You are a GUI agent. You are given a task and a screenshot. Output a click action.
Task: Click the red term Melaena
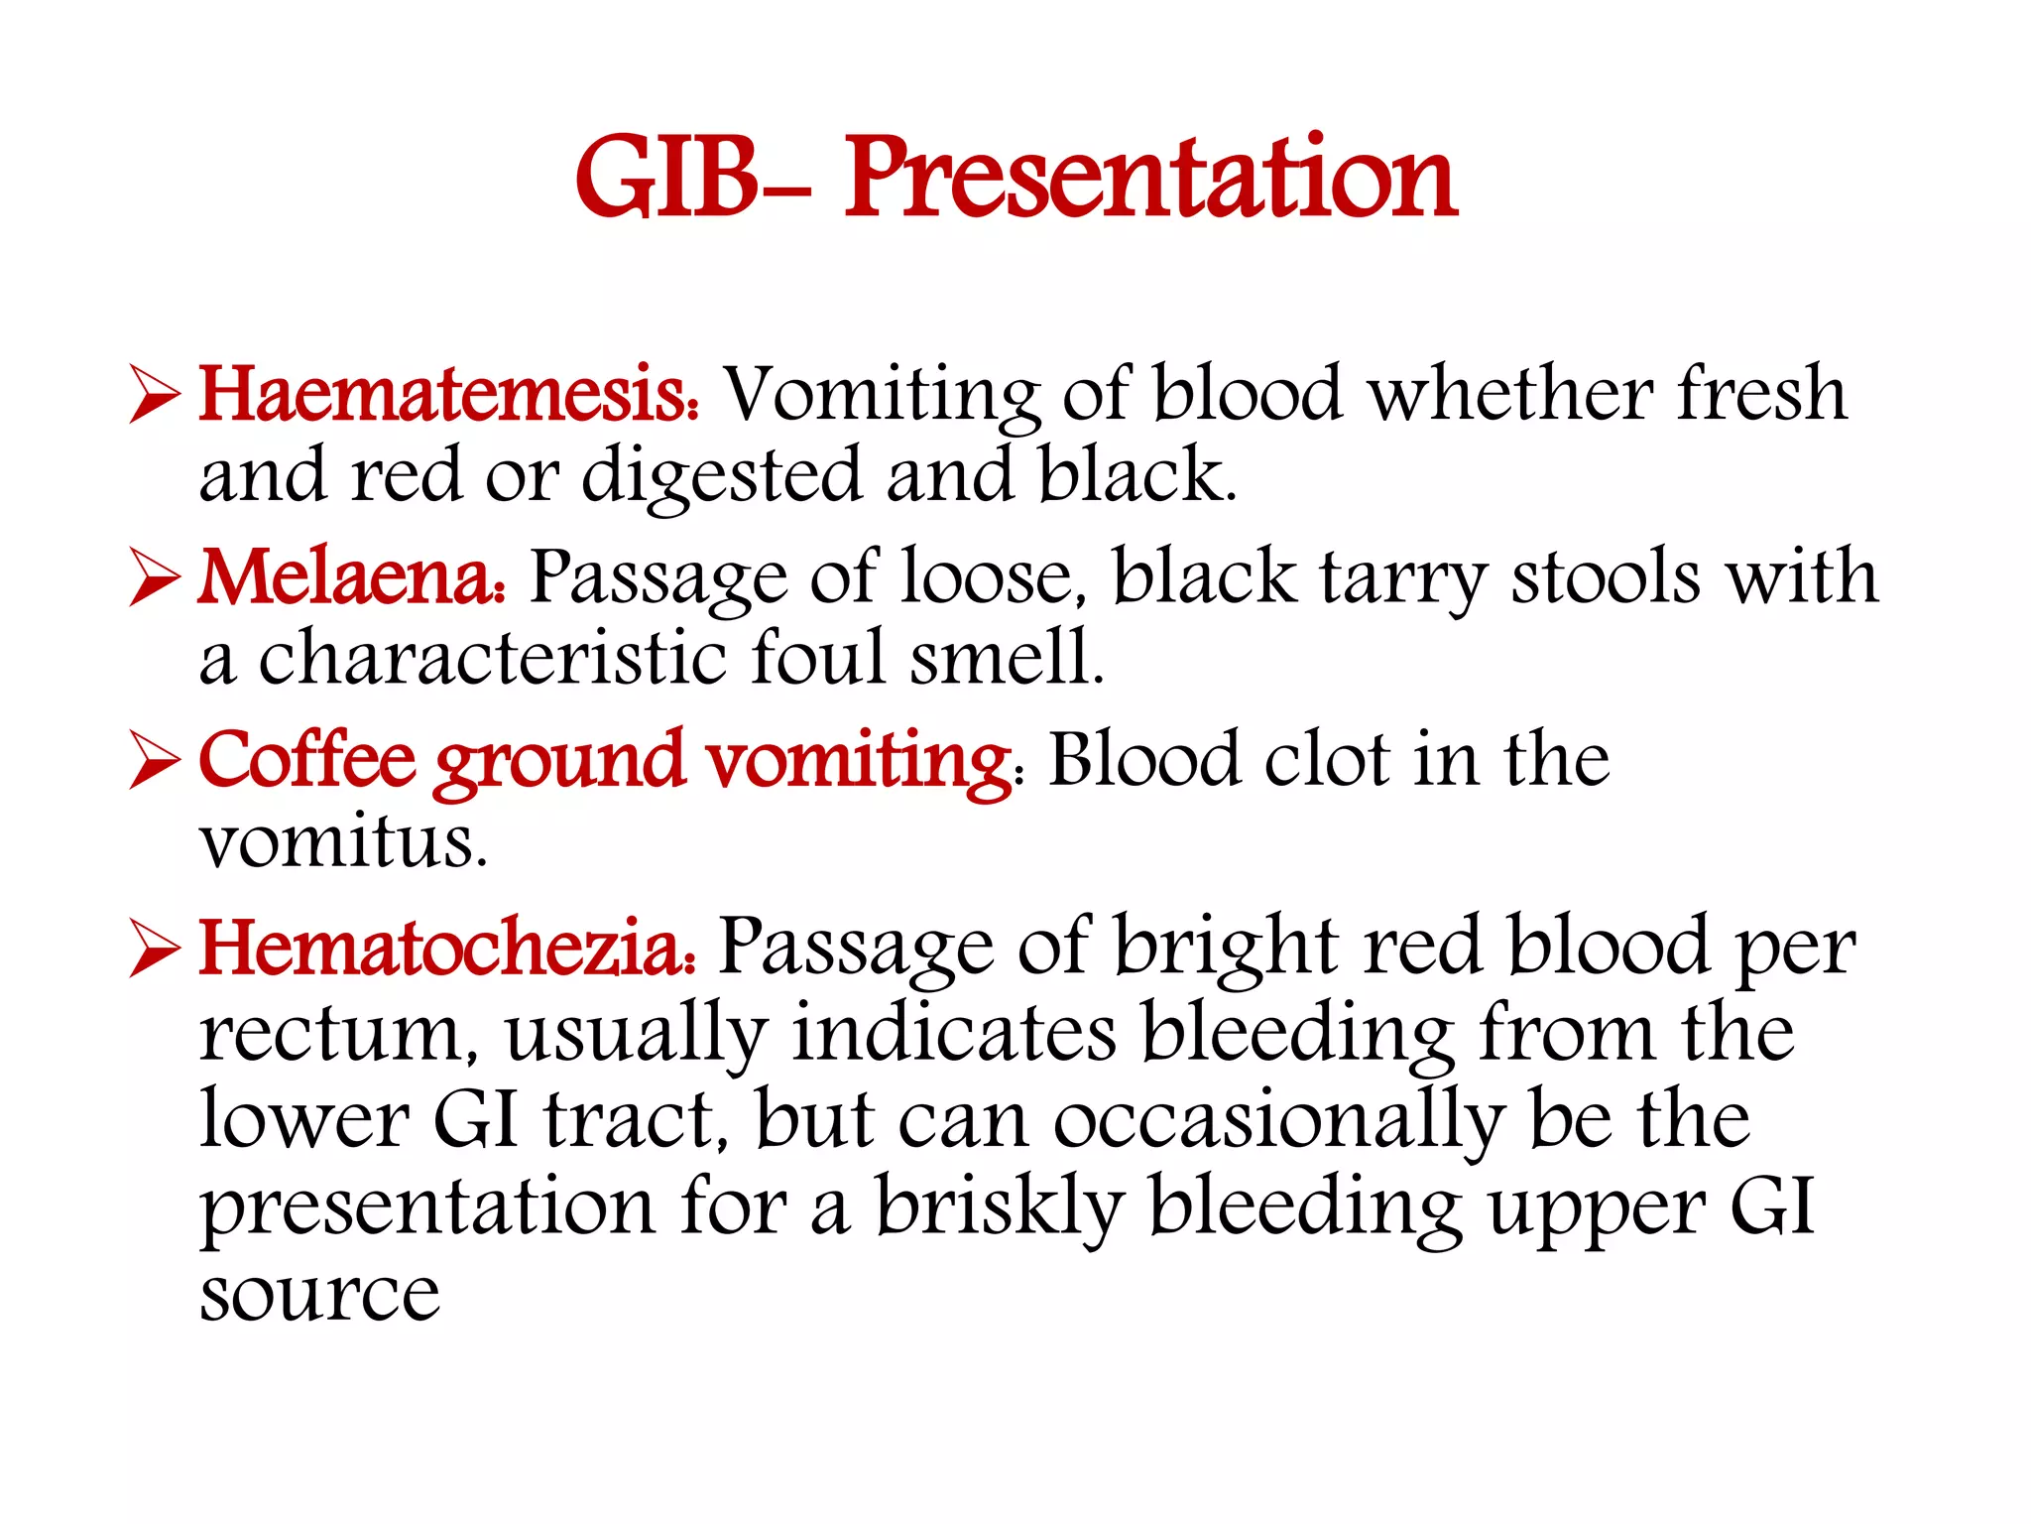point(350,577)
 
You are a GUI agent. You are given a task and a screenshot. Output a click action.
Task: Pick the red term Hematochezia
point(446,948)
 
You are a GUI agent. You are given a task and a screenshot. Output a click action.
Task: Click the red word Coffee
point(306,761)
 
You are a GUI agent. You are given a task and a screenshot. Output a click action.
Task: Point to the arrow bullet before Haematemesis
point(155,398)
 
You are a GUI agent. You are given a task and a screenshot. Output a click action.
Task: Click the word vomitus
point(343,843)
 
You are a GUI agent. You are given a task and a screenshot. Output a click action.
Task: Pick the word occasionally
point(1278,1121)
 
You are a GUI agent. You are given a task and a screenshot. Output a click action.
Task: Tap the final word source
point(319,1296)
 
